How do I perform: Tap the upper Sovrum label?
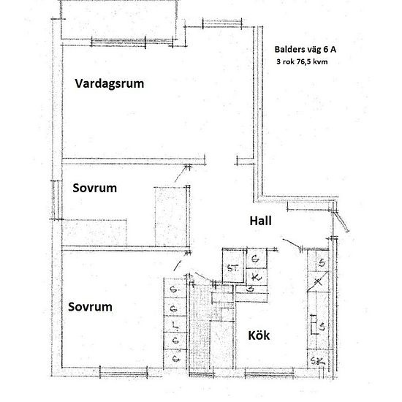point(95,188)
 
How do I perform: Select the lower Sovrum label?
point(90,307)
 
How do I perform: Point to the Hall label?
point(261,220)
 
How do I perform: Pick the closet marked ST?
point(233,267)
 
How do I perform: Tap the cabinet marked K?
point(255,278)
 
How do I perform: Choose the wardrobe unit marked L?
point(174,324)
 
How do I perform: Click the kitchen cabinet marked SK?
point(319,360)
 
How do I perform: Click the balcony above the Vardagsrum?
point(118,19)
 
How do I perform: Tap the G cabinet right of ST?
point(255,259)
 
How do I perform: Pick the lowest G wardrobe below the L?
point(174,359)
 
